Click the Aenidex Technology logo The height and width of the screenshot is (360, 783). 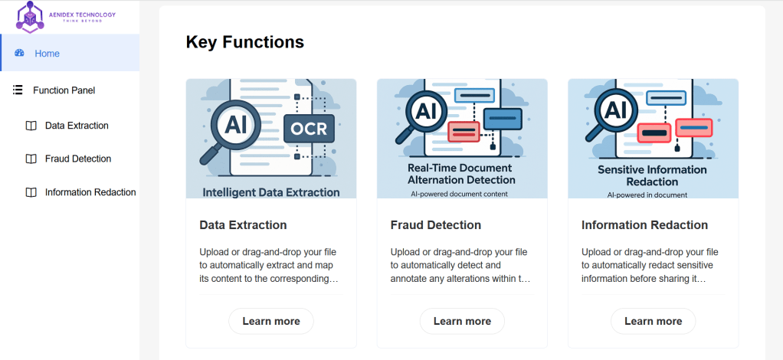tap(67, 16)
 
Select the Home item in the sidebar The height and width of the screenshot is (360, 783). tap(47, 54)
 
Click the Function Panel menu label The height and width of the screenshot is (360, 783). tap(64, 90)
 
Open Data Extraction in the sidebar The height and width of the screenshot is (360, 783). tap(77, 126)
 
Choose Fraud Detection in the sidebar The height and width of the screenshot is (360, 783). tap(78, 159)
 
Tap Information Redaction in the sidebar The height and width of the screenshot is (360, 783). tap(90, 192)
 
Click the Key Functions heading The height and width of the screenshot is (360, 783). tap(244, 42)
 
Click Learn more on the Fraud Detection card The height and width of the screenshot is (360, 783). tap(462, 321)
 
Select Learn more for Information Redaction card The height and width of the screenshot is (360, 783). tap(653, 321)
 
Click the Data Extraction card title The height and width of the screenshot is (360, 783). tap(243, 225)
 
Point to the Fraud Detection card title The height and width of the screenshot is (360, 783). tap(435, 225)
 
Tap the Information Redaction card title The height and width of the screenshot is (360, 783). tap(644, 225)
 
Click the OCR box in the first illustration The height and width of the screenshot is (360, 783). tap(309, 128)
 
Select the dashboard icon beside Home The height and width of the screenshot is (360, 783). tap(20, 53)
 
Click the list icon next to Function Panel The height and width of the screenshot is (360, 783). tap(18, 90)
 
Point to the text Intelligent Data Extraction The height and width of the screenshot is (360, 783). tap(270, 192)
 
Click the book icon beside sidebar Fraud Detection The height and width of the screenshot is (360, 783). tap(31, 159)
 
